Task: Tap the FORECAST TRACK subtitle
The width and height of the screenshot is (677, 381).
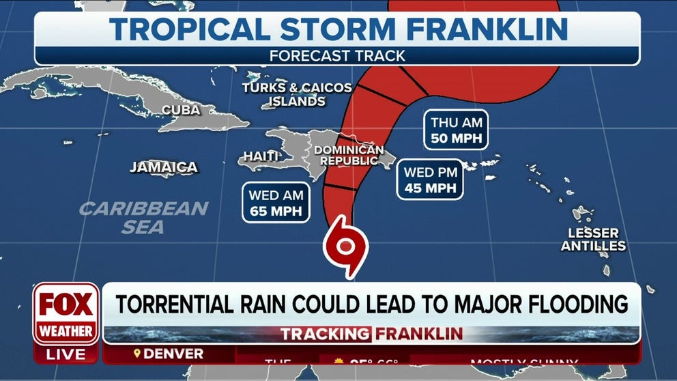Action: pos(337,56)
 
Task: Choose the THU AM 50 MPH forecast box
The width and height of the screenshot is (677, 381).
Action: pos(457,131)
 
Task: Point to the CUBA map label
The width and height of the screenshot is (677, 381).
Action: pos(181,109)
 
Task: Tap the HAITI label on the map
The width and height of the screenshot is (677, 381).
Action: pos(261,156)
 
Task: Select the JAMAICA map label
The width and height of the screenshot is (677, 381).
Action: pos(164,167)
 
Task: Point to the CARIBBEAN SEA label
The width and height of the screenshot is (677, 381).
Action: pos(143,217)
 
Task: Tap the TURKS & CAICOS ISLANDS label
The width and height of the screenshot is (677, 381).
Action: pos(296,95)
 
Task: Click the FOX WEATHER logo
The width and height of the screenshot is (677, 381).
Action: pos(66,313)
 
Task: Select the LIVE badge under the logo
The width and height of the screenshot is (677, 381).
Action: pos(66,354)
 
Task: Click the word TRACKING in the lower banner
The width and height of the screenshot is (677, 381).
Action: pos(325,334)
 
